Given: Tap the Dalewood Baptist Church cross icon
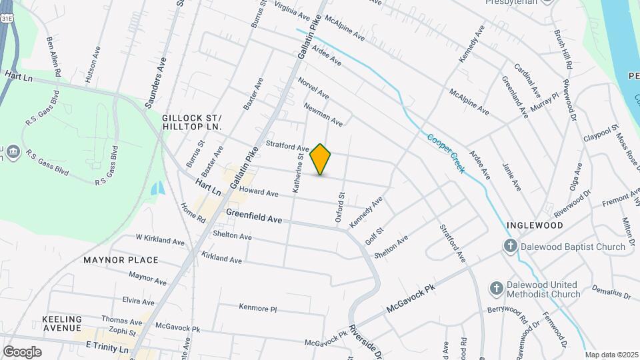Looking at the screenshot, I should click(510, 247).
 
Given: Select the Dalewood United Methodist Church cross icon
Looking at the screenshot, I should click(496, 289).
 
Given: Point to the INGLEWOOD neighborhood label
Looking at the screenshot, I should click(535, 225).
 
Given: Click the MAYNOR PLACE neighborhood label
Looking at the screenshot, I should click(121, 260).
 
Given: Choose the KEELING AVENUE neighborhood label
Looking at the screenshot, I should click(61, 323).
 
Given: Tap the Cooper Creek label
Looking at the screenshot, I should click(446, 153).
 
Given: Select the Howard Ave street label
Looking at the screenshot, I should click(258, 192).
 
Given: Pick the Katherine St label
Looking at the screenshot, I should click(301, 173).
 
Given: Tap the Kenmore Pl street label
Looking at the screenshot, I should click(257, 308).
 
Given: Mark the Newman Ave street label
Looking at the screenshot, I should click(323, 114).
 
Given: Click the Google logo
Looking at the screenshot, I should click(22, 351).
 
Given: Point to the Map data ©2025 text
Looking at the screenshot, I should click(612, 355).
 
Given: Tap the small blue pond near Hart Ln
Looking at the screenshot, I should click(157, 189).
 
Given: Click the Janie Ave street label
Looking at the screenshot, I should click(511, 177).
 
